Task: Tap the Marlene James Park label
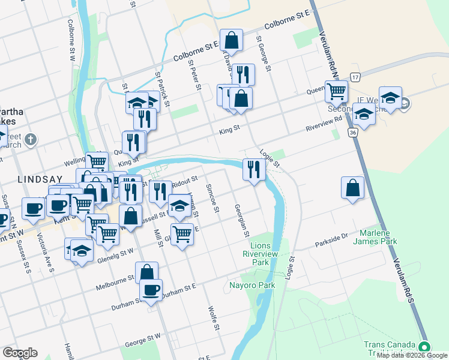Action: pyautogui.click(x=379, y=237)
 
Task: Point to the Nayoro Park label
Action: pyautogui.click(x=252, y=285)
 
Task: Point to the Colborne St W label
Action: pyautogui.click(x=71, y=47)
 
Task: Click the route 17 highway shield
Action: pyautogui.click(x=355, y=77)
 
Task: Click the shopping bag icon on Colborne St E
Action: pyautogui.click(x=231, y=41)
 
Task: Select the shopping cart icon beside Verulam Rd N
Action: pyautogui.click(x=336, y=92)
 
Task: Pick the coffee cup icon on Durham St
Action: pyautogui.click(x=151, y=291)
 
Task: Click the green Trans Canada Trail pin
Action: pyautogui.click(x=424, y=347)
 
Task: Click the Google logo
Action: pyautogui.click(x=20, y=353)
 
